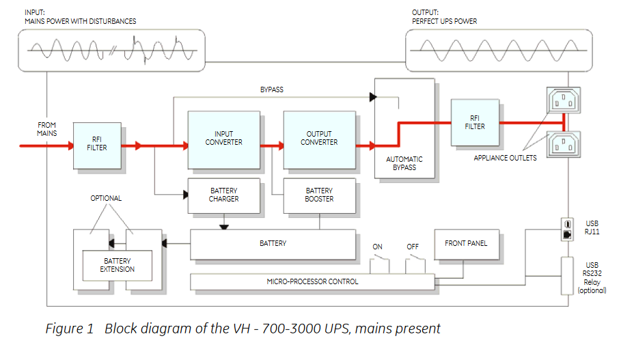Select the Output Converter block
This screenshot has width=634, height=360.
[319, 139]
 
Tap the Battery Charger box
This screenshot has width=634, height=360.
[223, 195]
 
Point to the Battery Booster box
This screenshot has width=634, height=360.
[319, 195]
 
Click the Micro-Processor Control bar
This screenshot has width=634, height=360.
[312, 281]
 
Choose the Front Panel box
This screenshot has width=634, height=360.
[467, 244]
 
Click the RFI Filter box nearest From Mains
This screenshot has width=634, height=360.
[97, 146]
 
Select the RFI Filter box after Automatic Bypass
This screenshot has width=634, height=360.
[475, 123]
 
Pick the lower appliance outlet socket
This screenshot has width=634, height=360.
[562, 144]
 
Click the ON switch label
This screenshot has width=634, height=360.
[377, 247]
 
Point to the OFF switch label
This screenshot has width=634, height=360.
[413, 247]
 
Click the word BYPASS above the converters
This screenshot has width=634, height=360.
[272, 90]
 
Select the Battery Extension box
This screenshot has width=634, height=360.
[118, 265]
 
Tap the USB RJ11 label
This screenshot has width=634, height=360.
[592, 227]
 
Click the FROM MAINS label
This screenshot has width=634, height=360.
[47, 129]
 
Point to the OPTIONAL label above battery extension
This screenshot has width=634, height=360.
[106, 199]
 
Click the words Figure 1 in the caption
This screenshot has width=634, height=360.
[69, 329]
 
